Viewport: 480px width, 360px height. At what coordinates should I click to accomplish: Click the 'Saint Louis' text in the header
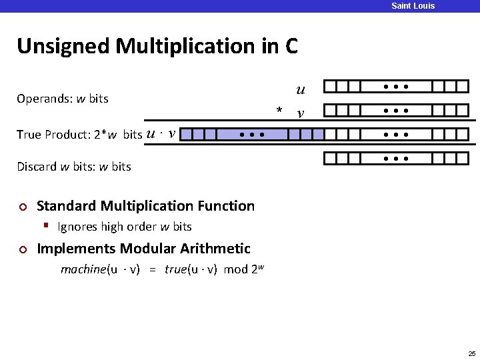413,6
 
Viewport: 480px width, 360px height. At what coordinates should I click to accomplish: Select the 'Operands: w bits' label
62,99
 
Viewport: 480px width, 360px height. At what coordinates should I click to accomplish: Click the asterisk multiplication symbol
280,110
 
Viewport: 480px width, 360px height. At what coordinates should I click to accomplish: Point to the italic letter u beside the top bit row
301,89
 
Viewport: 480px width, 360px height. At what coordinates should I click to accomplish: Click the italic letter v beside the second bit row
301,113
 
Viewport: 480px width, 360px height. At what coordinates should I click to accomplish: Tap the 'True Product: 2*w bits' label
79,135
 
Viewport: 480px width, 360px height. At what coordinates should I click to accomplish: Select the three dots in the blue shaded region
253,135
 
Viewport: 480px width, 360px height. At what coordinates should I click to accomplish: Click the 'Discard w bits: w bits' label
73,167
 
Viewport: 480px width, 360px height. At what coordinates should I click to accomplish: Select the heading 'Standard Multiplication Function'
145,206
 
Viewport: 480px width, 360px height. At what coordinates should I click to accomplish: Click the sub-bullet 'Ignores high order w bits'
125,227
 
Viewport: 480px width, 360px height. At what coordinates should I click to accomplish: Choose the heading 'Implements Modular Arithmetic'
143,249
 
